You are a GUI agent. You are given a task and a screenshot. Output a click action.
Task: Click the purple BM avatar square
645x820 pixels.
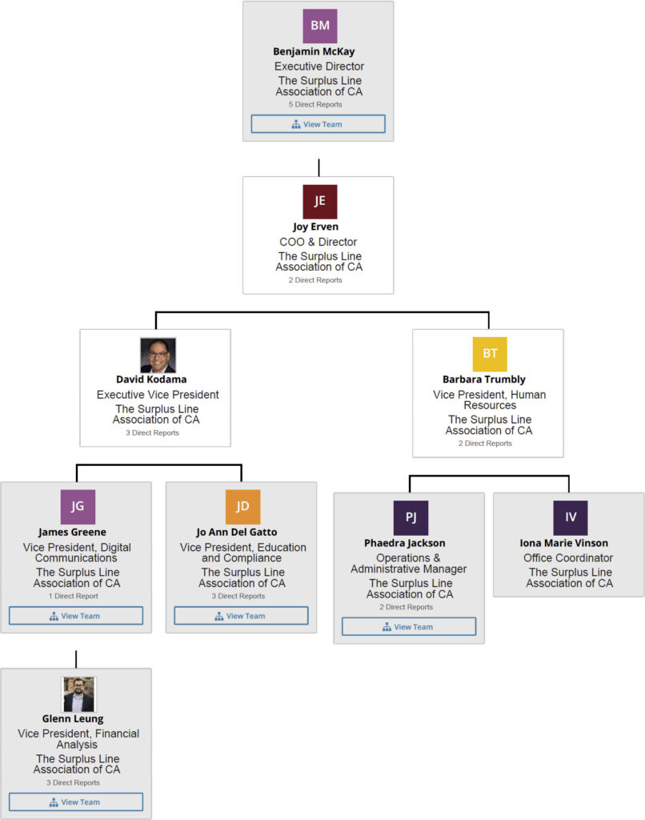click(x=319, y=26)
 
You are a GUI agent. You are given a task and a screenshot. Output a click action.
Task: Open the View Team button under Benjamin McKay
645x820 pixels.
click(x=318, y=124)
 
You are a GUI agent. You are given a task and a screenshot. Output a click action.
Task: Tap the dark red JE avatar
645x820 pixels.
click(x=319, y=201)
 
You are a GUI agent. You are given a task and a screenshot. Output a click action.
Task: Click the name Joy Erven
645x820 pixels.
click(x=318, y=227)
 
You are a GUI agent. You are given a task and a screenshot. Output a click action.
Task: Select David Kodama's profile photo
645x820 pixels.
click(x=158, y=355)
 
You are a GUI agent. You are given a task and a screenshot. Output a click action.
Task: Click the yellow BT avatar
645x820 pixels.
click(x=489, y=354)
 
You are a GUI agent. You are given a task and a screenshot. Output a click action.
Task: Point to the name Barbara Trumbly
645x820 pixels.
click(x=483, y=380)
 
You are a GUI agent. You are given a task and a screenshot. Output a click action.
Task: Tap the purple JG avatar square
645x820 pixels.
click(x=78, y=506)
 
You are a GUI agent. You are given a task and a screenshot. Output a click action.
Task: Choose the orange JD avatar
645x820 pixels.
click(x=242, y=506)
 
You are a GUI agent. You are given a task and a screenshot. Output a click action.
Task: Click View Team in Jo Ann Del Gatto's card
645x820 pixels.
click(x=241, y=616)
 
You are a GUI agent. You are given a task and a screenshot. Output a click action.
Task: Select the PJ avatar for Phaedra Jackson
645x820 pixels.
click(x=411, y=517)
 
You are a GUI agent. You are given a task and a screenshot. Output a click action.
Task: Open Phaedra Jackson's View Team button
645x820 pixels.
click(x=409, y=627)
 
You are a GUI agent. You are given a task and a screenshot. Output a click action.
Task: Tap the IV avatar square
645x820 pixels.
click(x=571, y=517)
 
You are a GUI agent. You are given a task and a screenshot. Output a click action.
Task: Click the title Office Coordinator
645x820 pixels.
click(x=568, y=558)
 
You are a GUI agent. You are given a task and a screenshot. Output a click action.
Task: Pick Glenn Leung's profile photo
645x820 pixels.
click(x=78, y=694)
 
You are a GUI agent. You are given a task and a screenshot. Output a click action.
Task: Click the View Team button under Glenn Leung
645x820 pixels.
click(x=76, y=802)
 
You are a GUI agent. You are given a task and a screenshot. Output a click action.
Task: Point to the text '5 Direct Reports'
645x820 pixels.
click(x=315, y=105)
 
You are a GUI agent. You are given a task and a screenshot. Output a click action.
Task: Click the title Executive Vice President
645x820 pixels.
click(x=158, y=395)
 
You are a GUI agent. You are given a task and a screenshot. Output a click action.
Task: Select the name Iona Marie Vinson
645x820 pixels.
click(x=569, y=543)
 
